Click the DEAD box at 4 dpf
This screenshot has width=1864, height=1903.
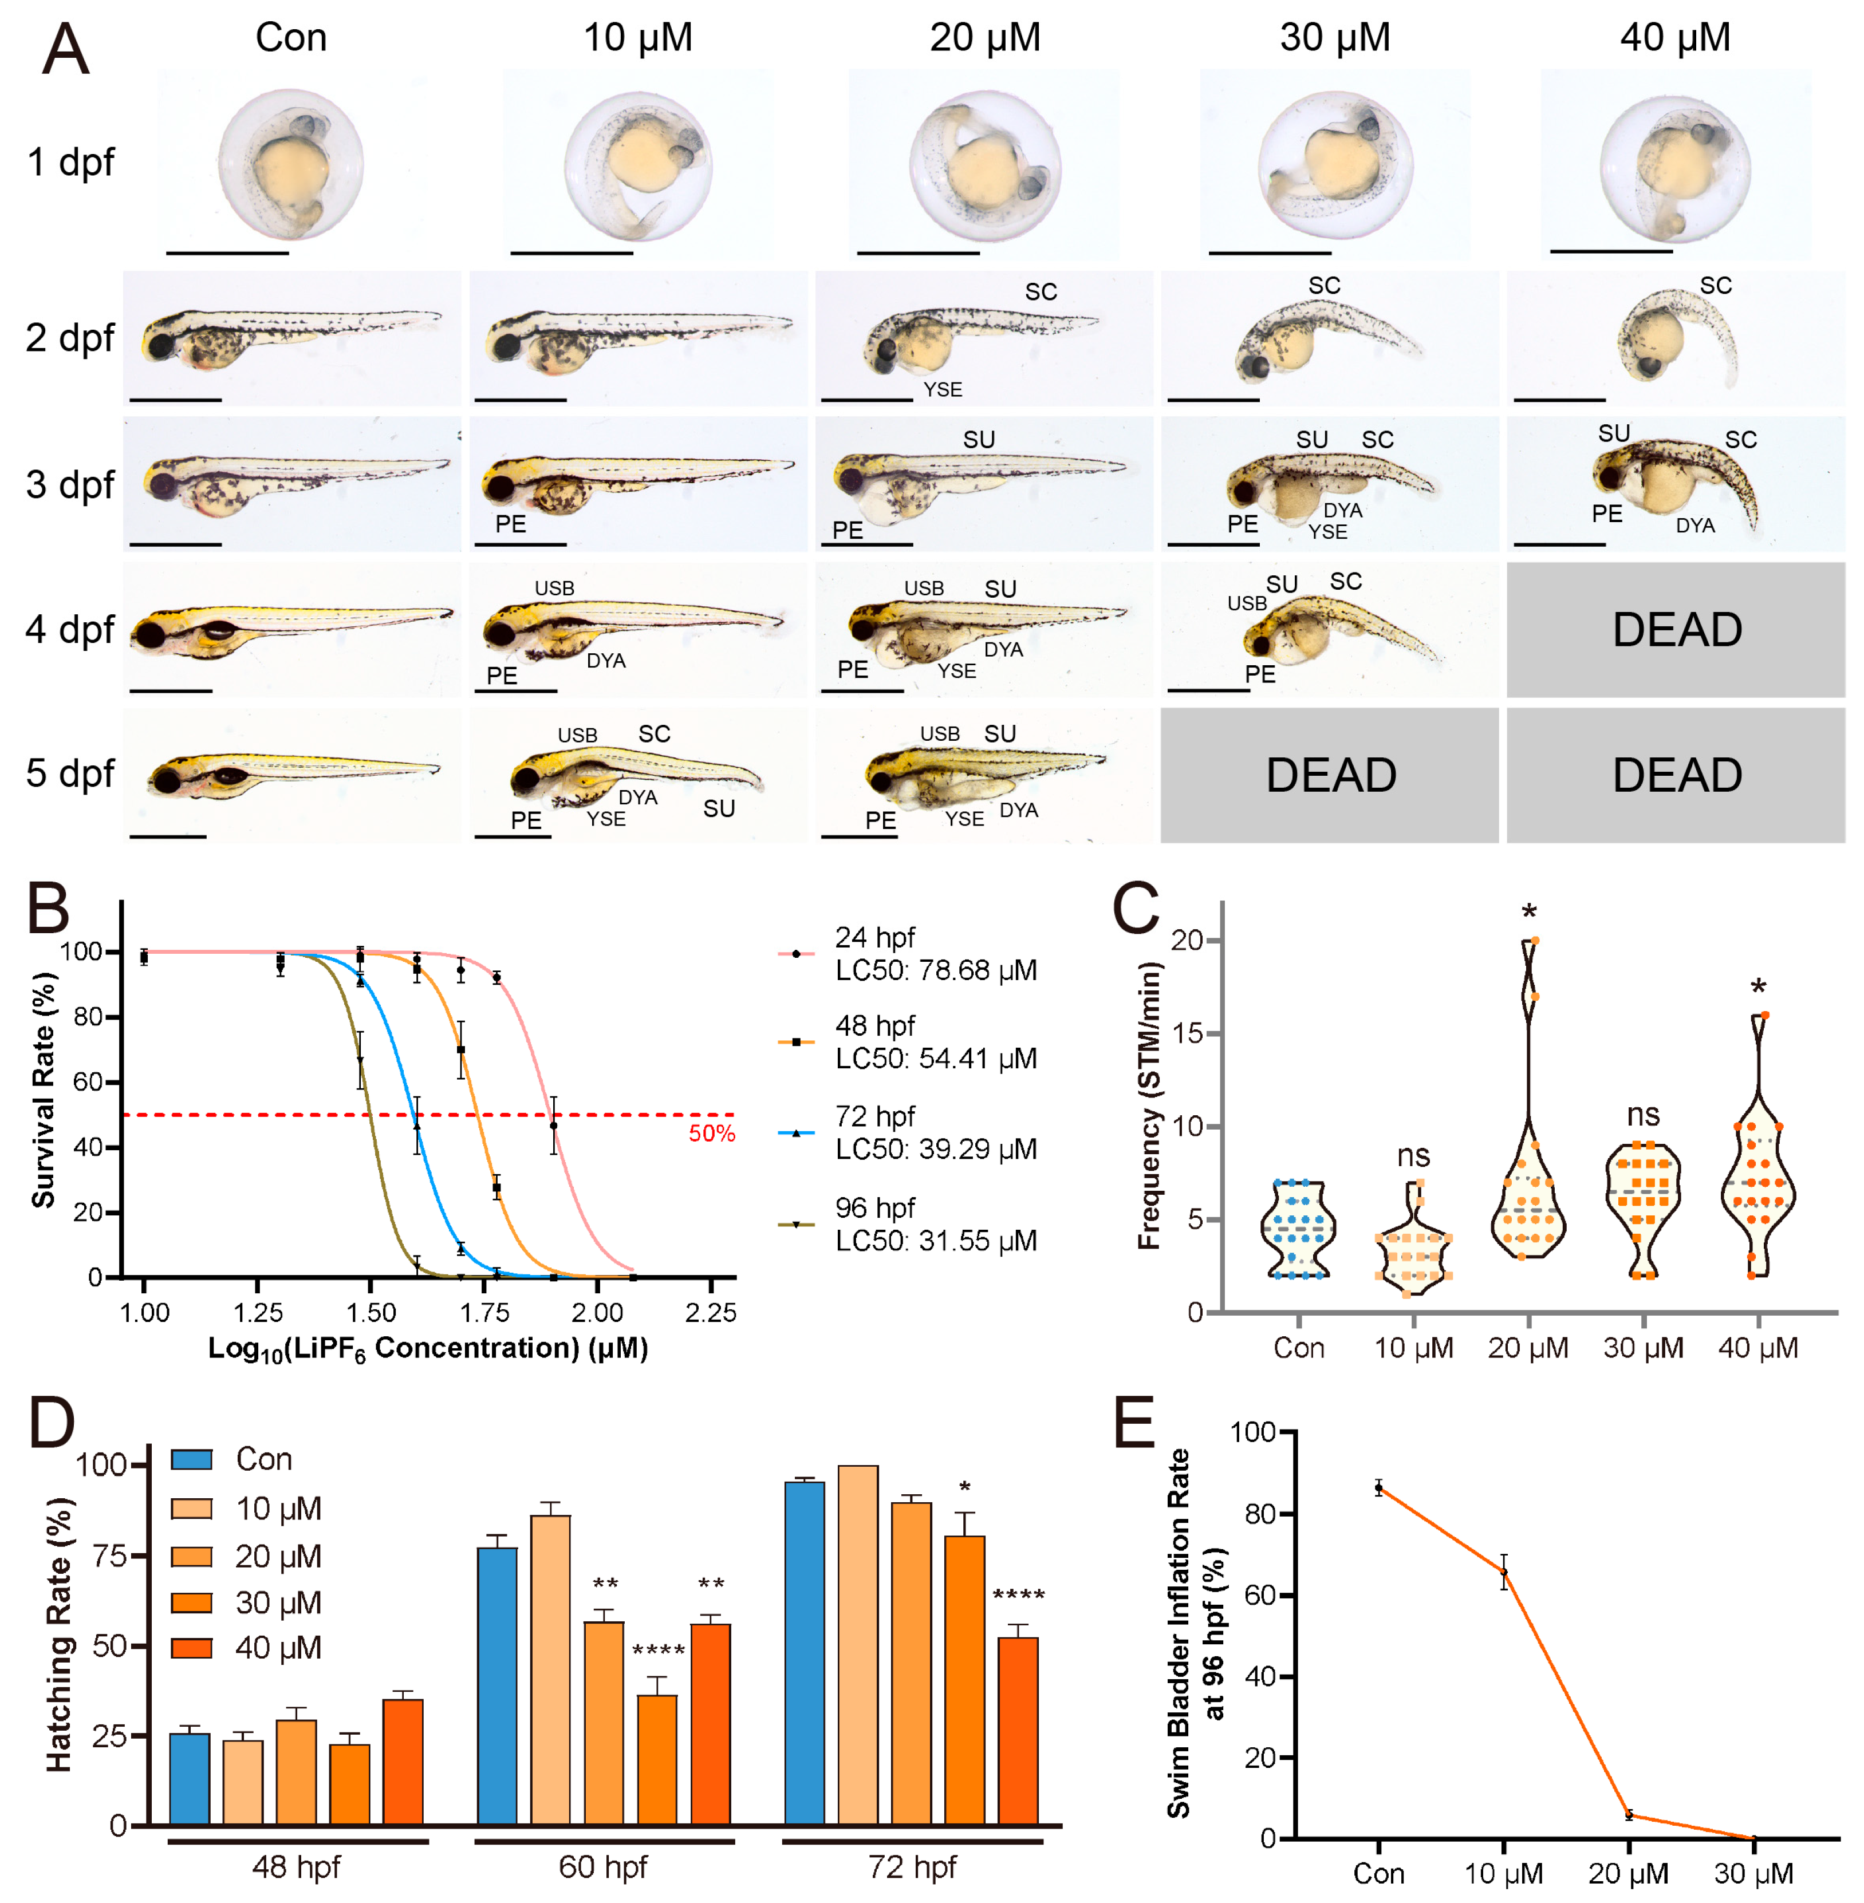1676,629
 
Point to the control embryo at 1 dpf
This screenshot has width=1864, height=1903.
291,164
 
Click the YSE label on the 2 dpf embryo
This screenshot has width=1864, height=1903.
943,390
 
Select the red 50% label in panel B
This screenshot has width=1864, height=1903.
712,1134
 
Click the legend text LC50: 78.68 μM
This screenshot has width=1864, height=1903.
936,970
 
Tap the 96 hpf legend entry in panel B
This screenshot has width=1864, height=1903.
874,1208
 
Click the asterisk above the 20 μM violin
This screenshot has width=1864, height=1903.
1529,913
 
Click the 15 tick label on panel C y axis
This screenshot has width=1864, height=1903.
1188,1034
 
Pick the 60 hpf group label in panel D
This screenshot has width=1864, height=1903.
603,1867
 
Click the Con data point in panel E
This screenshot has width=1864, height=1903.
1378,1488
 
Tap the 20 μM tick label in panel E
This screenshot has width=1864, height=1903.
1628,1874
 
